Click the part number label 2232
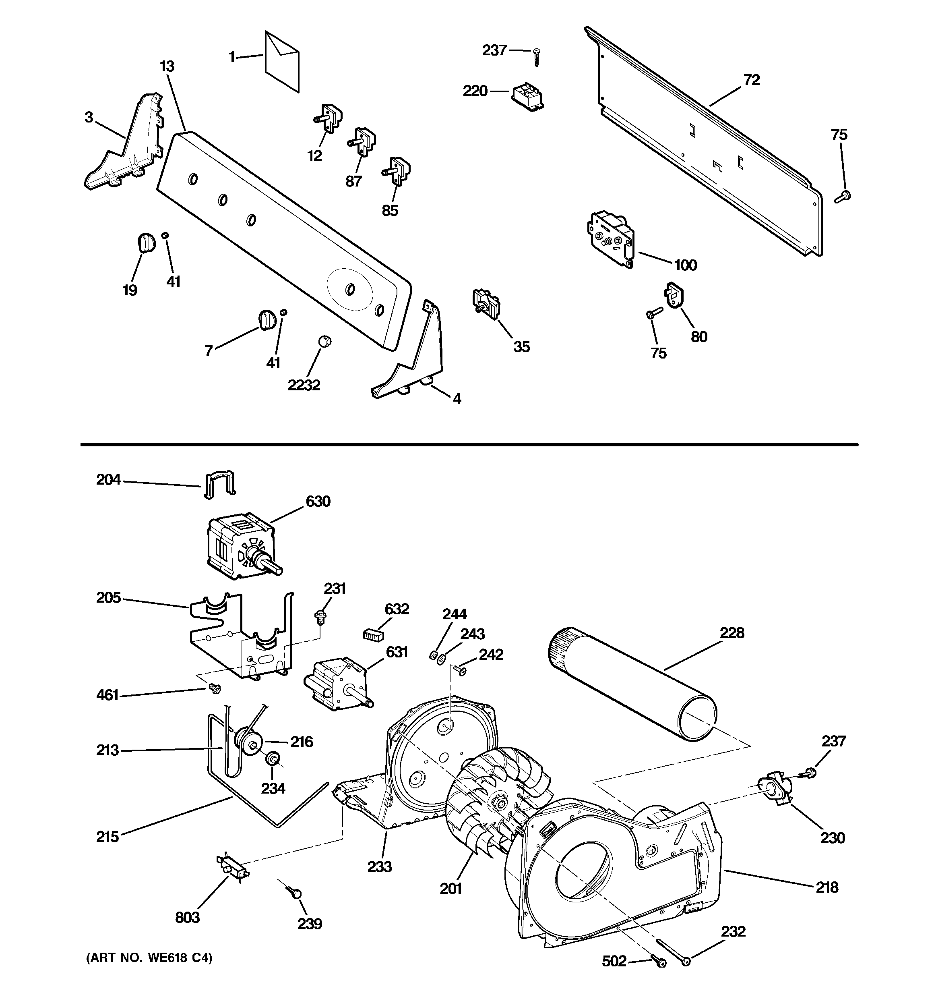tap(304, 385)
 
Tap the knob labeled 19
tap(145, 242)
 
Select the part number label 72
tap(752, 80)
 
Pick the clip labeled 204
tap(219, 483)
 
